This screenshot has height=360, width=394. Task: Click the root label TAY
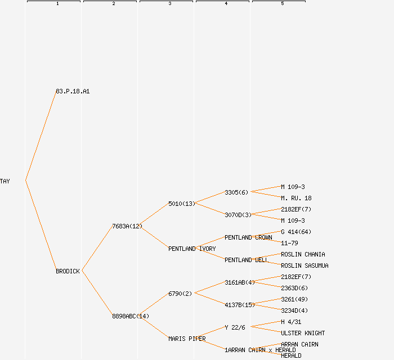[5, 181]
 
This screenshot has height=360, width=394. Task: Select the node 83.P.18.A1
[73, 91]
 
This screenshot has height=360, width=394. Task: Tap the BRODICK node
[68, 271]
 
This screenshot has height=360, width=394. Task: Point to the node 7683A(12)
[127, 226]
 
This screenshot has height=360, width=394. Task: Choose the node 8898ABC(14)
[130, 316]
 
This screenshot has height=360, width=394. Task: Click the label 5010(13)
[181, 204]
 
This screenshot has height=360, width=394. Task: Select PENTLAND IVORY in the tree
[191, 249]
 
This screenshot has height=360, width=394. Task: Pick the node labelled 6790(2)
[180, 294]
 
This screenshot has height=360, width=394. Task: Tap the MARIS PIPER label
[187, 339]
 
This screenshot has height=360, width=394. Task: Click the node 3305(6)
[236, 192]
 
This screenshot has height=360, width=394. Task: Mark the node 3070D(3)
[238, 215]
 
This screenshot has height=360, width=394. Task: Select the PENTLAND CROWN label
[248, 237]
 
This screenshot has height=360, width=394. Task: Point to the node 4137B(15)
[240, 305]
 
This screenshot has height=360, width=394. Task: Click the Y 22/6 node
[235, 327]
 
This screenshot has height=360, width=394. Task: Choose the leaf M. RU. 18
[296, 198]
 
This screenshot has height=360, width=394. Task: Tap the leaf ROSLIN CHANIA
[303, 254]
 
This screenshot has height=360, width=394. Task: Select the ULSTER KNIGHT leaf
[303, 333]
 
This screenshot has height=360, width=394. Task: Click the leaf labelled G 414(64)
[296, 232]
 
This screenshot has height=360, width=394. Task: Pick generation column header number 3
[170, 4]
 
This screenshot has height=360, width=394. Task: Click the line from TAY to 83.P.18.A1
[41, 136]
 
